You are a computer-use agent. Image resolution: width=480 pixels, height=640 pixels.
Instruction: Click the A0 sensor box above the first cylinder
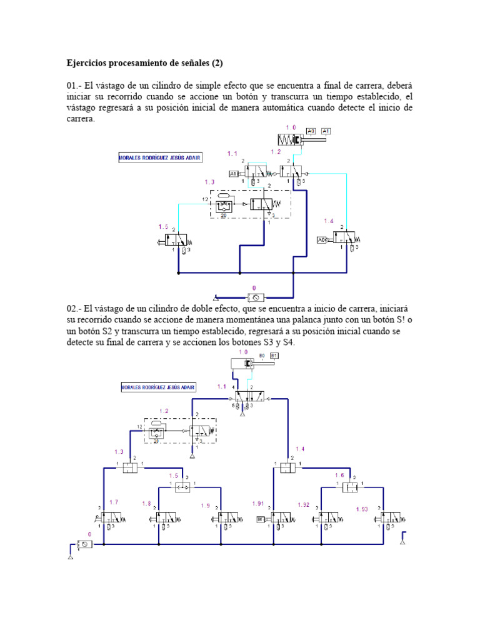click(x=311, y=131)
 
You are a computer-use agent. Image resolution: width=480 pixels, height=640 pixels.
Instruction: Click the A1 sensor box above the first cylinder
click(x=326, y=131)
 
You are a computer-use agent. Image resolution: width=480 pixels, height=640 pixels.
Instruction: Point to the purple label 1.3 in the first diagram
click(x=209, y=182)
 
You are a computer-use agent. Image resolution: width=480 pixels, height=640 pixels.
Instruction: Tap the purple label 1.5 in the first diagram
click(x=164, y=226)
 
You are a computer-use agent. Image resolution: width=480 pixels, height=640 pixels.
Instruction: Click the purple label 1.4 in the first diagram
click(x=329, y=221)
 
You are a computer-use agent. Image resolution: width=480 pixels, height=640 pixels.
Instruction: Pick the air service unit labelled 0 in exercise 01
click(x=256, y=296)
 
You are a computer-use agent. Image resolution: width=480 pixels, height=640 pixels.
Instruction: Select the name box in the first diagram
click(x=160, y=158)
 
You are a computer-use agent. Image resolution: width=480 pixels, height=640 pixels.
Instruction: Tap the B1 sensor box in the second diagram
click(x=274, y=356)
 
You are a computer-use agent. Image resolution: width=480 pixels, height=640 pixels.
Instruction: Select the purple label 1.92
click(x=304, y=504)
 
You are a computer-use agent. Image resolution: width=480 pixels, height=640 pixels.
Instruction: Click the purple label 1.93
click(x=362, y=509)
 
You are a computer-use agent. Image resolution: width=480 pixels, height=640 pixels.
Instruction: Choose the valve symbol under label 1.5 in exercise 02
click(x=182, y=487)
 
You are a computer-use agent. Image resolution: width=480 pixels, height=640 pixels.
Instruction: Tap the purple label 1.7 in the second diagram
click(x=114, y=502)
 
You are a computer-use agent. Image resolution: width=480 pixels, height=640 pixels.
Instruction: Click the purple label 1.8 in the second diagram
click(x=147, y=503)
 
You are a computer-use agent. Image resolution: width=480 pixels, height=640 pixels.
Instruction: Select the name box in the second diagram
click(x=157, y=387)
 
